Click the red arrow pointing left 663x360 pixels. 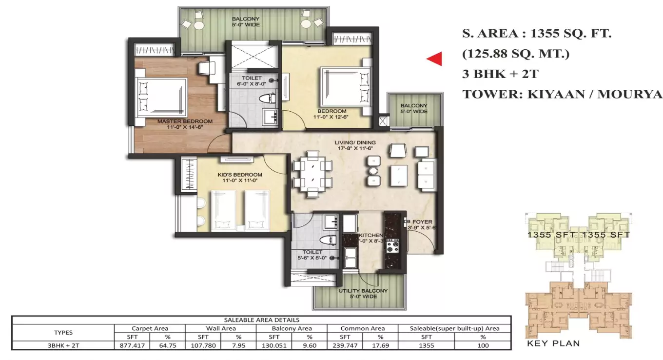pyautogui.click(x=435, y=59)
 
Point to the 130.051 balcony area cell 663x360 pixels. pyautogui.click(x=273, y=345)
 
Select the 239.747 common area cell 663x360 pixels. pyautogui.click(x=345, y=345)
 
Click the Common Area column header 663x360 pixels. pyautogui.click(x=362, y=328)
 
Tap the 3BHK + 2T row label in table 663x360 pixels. pyautogui.click(x=63, y=345)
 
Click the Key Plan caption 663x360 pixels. pyautogui.click(x=553, y=343)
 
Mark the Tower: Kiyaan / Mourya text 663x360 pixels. pyautogui.click(x=562, y=94)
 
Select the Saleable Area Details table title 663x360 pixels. pyautogui.click(x=261, y=320)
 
